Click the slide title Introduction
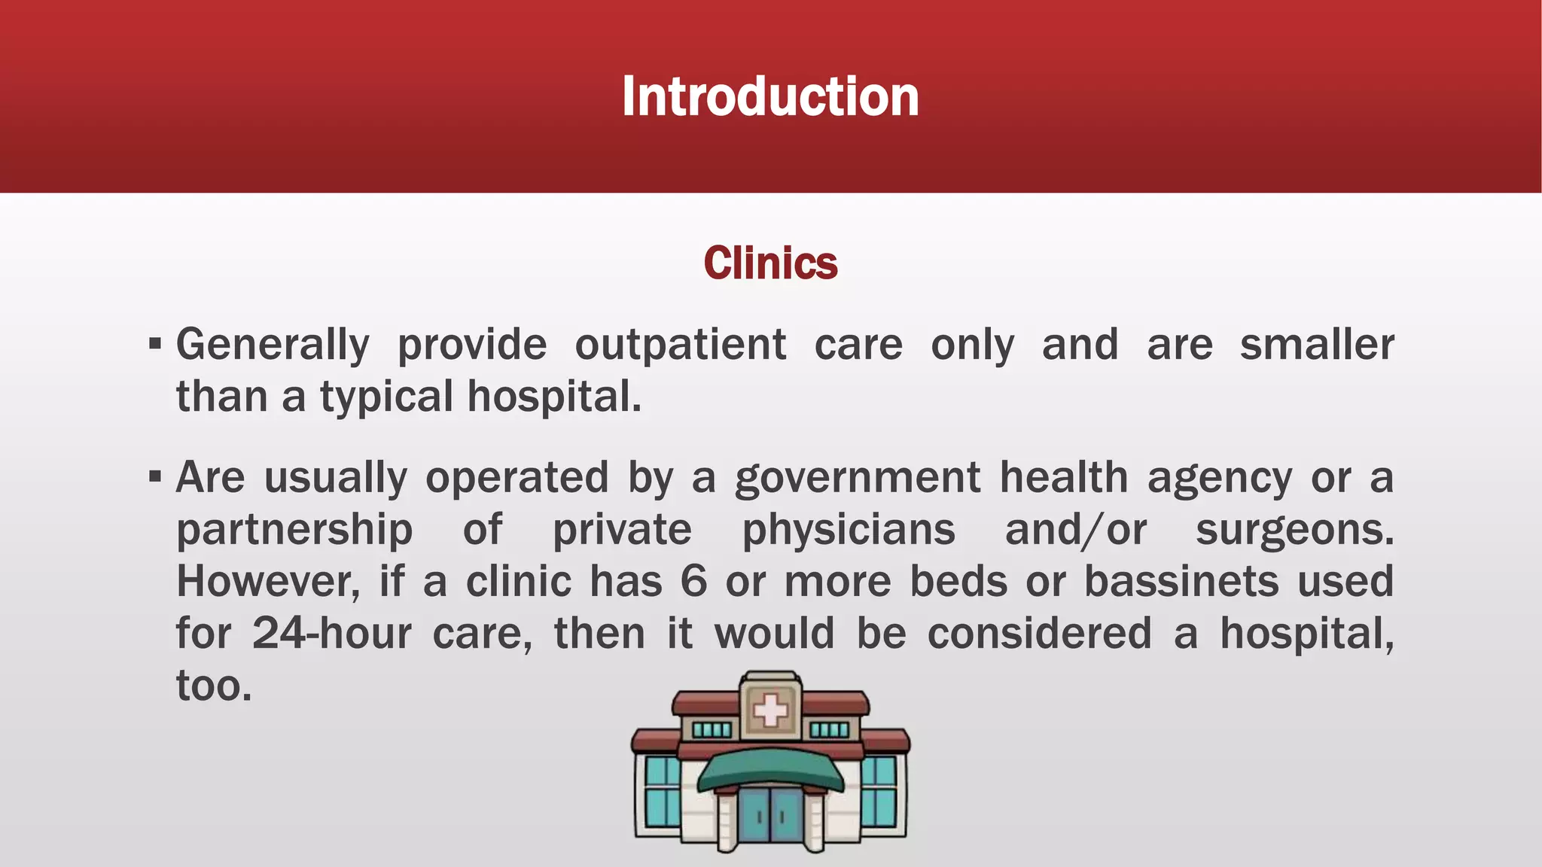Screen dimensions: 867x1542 770,97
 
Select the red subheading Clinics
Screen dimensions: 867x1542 770,263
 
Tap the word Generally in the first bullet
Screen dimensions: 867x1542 273,345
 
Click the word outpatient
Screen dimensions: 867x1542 681,345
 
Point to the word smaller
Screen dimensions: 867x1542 1317,345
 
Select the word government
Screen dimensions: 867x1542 858,479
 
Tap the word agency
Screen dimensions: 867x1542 1220,479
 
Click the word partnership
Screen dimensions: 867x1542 294,531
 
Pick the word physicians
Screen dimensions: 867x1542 849,531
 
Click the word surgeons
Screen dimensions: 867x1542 1294,531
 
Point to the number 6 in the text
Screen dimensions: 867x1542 693,582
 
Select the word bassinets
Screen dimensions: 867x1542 1181,582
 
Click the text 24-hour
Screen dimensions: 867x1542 331,634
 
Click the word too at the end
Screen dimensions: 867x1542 214,686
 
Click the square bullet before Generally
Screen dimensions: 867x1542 155,345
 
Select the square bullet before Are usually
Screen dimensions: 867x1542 155,477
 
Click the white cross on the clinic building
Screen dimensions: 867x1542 769,710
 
